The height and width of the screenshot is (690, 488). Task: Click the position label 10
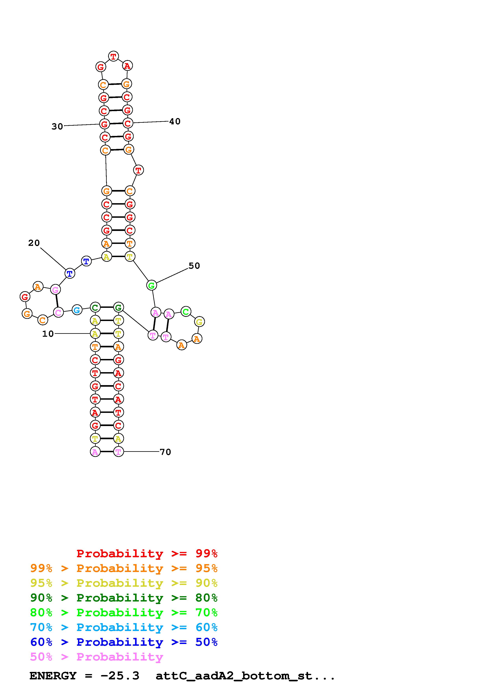pyautogui.click(x=48, y=334)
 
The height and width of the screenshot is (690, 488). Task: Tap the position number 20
pyautogui.click(x=34, y=243)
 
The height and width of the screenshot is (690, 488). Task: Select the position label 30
pyautogui.click(x=57, y=126)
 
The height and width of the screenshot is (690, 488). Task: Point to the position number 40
pyautogui.click(x=175, y=121)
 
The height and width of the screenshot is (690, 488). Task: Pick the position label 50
pyautogui.click(x=194, y=266)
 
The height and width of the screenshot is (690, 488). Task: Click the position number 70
pyautogui.click(x=165, y=452)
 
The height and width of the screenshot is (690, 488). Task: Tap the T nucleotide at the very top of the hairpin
pyautogui.click(x=113, y=56)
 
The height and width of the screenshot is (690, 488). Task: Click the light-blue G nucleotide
pyautogui.click(x=77, y=310)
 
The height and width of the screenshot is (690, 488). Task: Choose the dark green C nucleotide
pyautogui.click(x=95, y=307)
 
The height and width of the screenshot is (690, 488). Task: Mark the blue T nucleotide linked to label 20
pyautogui.click(x=70, y=273)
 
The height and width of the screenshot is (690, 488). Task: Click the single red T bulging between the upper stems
pyautogui.click(x=138, y=170)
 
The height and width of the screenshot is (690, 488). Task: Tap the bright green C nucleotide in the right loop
pyautogui.click(x=186, y=312)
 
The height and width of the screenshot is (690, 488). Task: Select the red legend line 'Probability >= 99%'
pyautogui.click(x=147, y=553)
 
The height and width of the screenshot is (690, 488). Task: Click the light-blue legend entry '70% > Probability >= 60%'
pyautogui.click(x=124, y=627)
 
